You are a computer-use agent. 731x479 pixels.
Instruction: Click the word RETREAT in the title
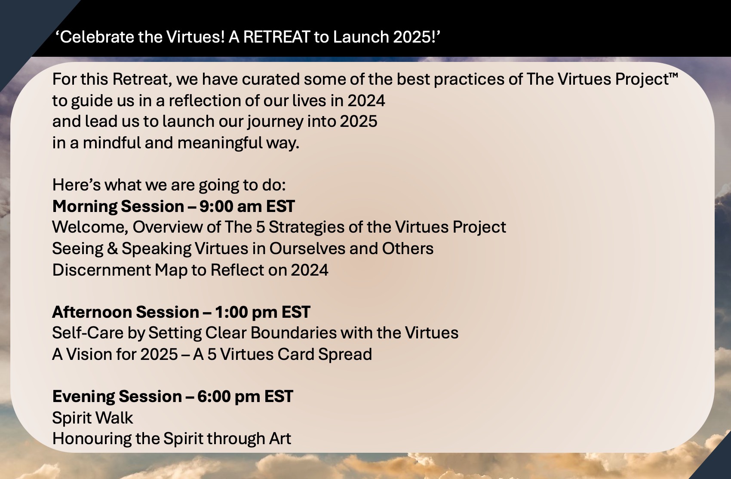coord(276,37)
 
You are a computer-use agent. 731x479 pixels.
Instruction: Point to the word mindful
coord(112,143)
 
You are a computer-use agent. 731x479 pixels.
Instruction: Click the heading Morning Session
coord(118,206)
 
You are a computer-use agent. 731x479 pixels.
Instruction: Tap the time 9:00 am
coord(231,206)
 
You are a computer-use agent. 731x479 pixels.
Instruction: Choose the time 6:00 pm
coord(229,396)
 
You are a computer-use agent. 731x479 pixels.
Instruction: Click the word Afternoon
coord(92,312)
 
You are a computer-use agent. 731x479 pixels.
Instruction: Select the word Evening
coord(83,396)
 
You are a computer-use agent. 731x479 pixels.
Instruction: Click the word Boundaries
coord(293,333)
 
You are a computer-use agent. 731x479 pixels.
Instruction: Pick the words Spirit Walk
coord(93,418)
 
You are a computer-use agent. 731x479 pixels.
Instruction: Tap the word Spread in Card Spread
coord(345,354)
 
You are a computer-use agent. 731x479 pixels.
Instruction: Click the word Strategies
coord(307,227)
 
